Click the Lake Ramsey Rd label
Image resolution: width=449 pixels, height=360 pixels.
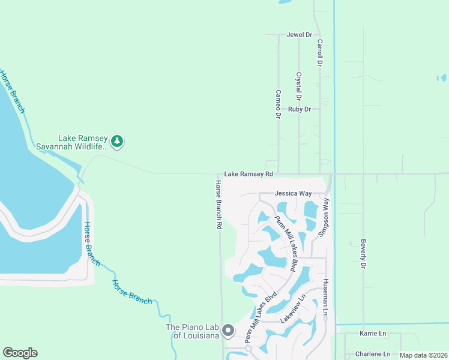tap(249, 174)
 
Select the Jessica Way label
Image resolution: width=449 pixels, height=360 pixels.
tap(293, 194)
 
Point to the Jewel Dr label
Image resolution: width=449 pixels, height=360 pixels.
tap(299, 35)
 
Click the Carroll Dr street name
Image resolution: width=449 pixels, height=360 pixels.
tap(321, 53)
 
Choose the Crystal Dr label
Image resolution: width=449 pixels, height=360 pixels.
tap(298, 86)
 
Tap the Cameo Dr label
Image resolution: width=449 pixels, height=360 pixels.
tap(279, 103)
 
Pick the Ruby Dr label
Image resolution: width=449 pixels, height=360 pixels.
tap(300, 109)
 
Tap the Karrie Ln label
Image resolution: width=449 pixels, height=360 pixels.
tap(373, 334)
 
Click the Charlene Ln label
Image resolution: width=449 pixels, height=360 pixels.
tap(373, 354)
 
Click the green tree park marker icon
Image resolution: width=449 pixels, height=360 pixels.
tap(118, 142)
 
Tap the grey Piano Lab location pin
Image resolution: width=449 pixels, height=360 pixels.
tap(228, 331)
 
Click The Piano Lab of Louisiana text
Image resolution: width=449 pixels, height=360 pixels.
tap(192, 331)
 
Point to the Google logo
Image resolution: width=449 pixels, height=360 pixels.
tap(20, 353)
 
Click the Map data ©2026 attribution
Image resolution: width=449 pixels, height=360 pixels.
tap(423, 355)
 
